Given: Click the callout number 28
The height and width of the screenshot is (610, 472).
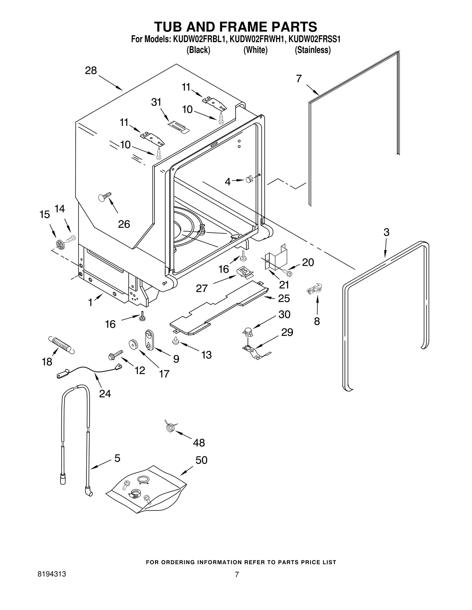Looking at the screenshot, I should point(91,71).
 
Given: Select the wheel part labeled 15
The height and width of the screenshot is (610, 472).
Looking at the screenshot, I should point(60,244).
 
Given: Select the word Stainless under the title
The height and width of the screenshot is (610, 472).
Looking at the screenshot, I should point(313,50).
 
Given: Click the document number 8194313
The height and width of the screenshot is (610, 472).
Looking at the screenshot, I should point(52,574).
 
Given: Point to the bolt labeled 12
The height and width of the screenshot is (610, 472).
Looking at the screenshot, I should point(116,355).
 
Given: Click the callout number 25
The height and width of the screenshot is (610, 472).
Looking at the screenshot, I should point(284,298).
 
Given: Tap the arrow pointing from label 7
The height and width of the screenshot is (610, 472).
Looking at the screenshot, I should point(313,90).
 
